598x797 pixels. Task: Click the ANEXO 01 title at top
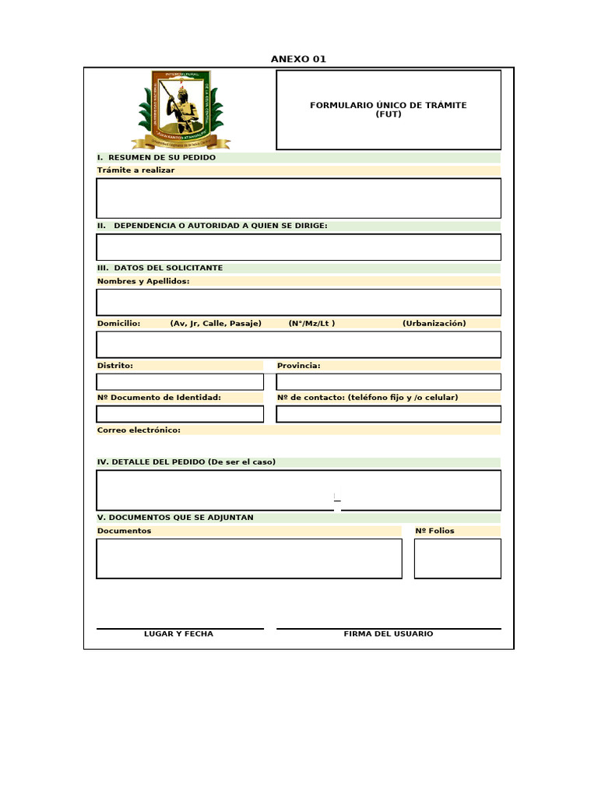298,59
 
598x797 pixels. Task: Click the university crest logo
181,110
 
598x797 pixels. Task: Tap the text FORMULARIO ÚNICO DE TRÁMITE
388,105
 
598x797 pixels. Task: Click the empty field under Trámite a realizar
298,198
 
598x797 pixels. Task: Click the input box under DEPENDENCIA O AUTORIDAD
298,247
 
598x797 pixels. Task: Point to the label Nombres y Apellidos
143,281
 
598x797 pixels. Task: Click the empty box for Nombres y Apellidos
298,302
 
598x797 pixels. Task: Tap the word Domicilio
118,323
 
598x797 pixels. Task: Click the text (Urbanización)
434,323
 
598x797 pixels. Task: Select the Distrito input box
180,381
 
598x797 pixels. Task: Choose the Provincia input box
389,381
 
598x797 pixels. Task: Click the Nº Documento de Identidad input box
180,414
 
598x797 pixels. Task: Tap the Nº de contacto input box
389,414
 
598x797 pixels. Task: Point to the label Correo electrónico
139,430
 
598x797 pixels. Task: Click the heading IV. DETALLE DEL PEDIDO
186,462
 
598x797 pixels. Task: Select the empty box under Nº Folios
457,559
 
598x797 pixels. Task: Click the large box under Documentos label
249,559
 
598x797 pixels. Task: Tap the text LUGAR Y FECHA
178,634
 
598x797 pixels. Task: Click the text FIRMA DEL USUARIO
388,634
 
